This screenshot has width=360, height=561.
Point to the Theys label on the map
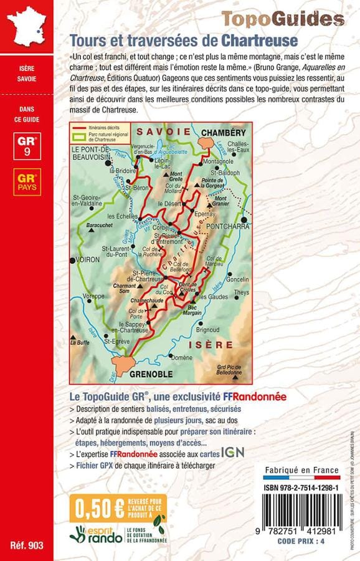coord(242,292)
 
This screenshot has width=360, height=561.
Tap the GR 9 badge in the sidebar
coord(26,145)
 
